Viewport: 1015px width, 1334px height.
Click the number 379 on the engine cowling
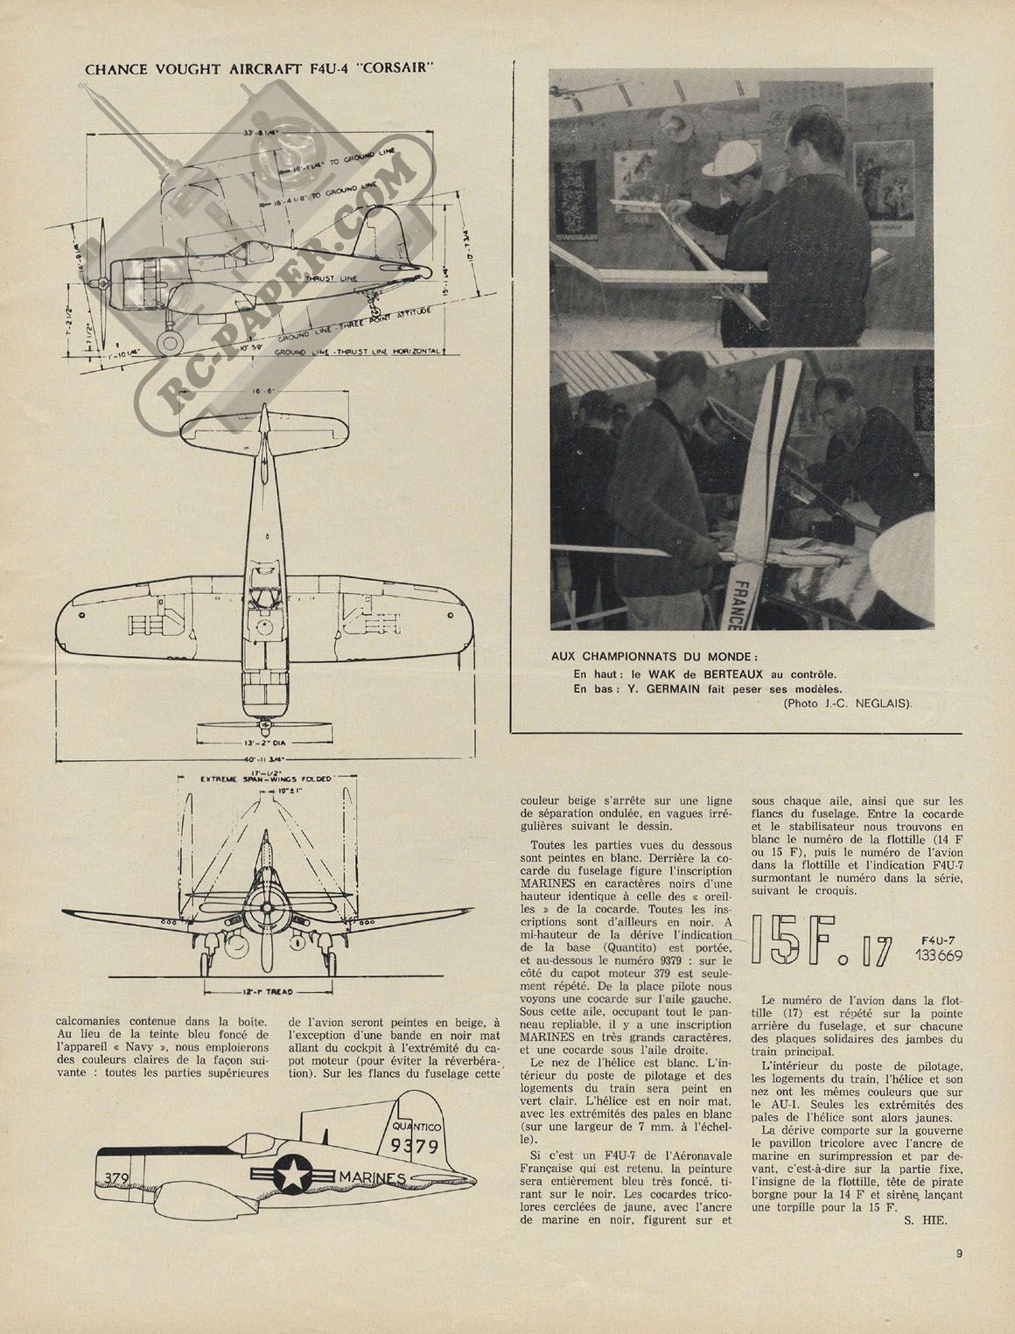pos(120,1177)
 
